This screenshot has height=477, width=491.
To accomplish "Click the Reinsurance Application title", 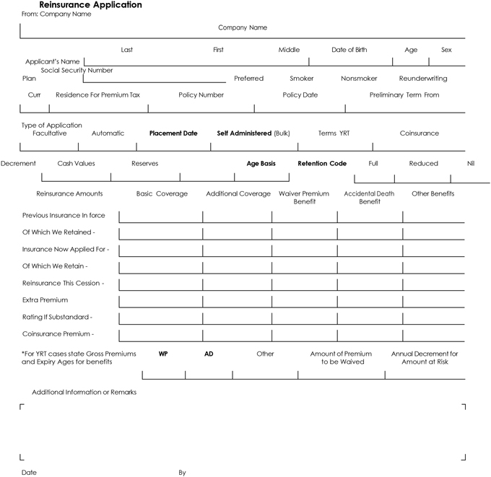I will click(x=90, y=5).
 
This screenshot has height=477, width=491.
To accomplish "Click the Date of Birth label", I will click(x=349, y=50).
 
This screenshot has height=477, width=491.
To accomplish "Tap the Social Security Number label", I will click(x=77, y=70).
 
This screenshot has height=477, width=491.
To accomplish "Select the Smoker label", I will click(x=302, y=78).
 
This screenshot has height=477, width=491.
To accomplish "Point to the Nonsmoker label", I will click(x=359, y=78).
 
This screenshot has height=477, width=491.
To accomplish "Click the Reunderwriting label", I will click(x=422, y=78).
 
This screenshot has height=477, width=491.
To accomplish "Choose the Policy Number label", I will click(x=201, y=95).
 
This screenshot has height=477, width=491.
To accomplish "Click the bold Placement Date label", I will click(x=173, y=134).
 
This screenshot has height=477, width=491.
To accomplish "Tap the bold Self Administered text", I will click(x=244, y=134).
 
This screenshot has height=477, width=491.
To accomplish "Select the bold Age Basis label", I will click(x=261, y=164).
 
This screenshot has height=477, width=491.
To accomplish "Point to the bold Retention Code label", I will click(x=322, y=164).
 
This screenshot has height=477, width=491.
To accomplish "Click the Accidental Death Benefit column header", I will click(x=369, y=198).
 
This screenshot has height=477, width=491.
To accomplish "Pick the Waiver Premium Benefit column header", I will click(x=305, y=198).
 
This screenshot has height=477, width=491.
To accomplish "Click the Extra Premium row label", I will click(x=45, y=299).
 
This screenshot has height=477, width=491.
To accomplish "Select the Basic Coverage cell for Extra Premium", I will click(x=160, y=301).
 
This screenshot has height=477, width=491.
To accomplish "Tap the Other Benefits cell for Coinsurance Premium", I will click(x=433, y=336).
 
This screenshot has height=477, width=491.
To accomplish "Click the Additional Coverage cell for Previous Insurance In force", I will click(x=237, y=216).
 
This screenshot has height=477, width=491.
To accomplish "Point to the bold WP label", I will click(x=163, y=354).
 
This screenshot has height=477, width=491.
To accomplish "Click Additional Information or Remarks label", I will click(x=84, y=392).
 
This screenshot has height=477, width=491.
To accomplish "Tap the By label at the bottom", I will click(x=182, y=473).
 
